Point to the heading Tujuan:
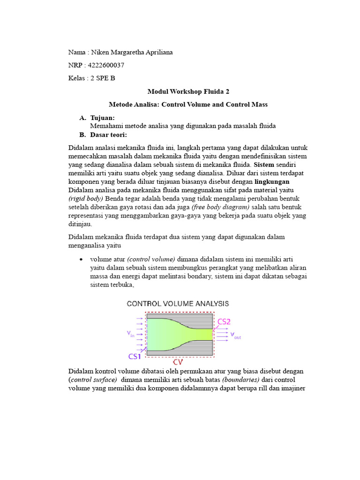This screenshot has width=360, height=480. tap(102, 118)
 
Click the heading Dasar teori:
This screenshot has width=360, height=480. tap(109, 135)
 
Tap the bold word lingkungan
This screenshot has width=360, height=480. tap(272, 181)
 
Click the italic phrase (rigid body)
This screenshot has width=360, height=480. tap(86, 198)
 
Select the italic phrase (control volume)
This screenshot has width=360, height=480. tap(151, 259)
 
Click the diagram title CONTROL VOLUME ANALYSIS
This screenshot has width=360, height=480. tap(178, 304)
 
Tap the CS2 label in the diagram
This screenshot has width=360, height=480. tap(224, 322)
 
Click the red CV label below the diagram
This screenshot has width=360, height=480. tap(179, 362)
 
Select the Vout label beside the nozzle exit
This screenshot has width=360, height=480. tap(235, 336)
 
